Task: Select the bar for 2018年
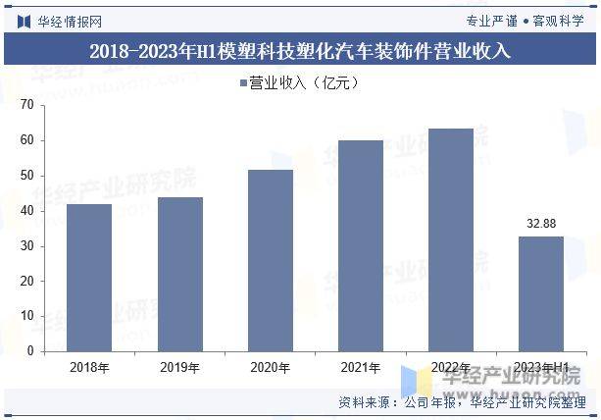(89, 278)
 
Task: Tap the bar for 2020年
(270, 260)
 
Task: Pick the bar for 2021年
(360, 245)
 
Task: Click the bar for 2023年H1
(540, 293)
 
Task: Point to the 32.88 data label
(540, 224)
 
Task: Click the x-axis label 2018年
(89, 368)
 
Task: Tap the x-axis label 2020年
(270, 368)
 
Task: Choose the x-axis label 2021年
(360, 368)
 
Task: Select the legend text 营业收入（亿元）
(304, 83)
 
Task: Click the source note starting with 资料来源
(462, 402)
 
